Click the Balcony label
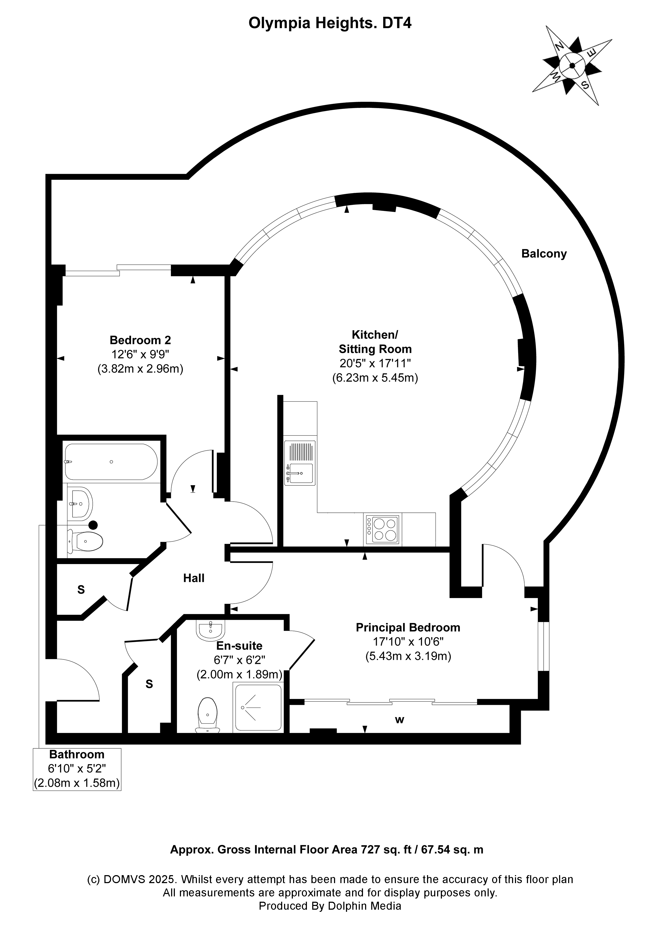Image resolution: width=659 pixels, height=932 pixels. pos(544,254)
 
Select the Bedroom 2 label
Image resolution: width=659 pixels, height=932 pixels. pos(140,340)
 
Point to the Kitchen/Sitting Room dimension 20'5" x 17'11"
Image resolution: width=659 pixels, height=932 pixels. pos(375,363)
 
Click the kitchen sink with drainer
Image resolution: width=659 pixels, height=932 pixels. pos(300,463)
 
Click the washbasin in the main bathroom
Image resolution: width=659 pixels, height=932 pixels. pos(81,504)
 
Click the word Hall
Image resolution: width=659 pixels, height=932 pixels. pos(194,578)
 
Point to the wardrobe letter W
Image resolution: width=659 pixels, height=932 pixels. pos(400,720)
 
